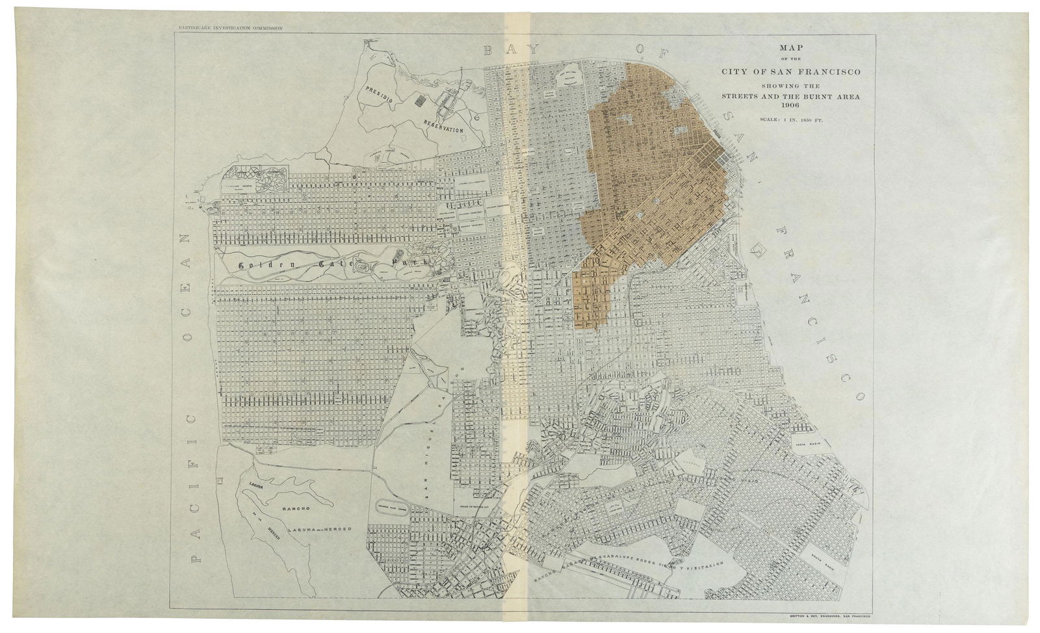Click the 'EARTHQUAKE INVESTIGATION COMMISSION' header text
[225, 29]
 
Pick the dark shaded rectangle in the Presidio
[419, 101]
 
